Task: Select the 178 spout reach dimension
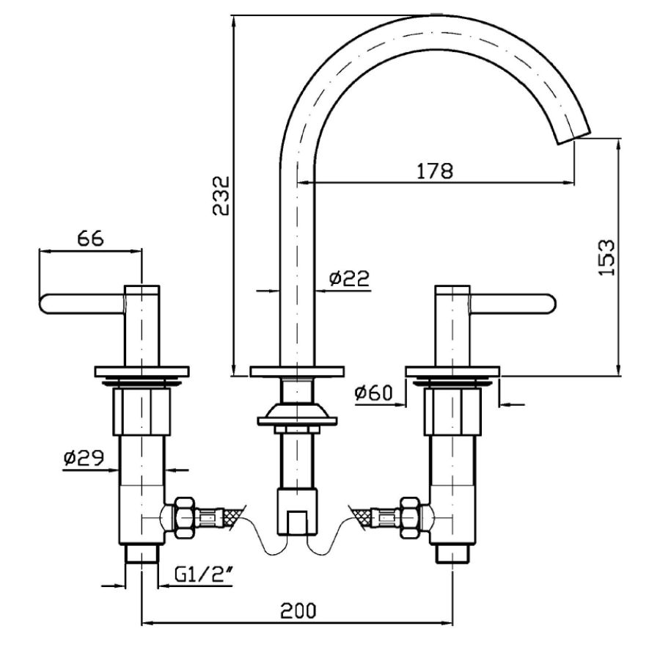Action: pos(436,170)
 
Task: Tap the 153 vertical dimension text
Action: pos(606,257)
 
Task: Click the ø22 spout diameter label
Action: pos(348,278)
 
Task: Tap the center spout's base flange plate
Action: pos(296,371)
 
